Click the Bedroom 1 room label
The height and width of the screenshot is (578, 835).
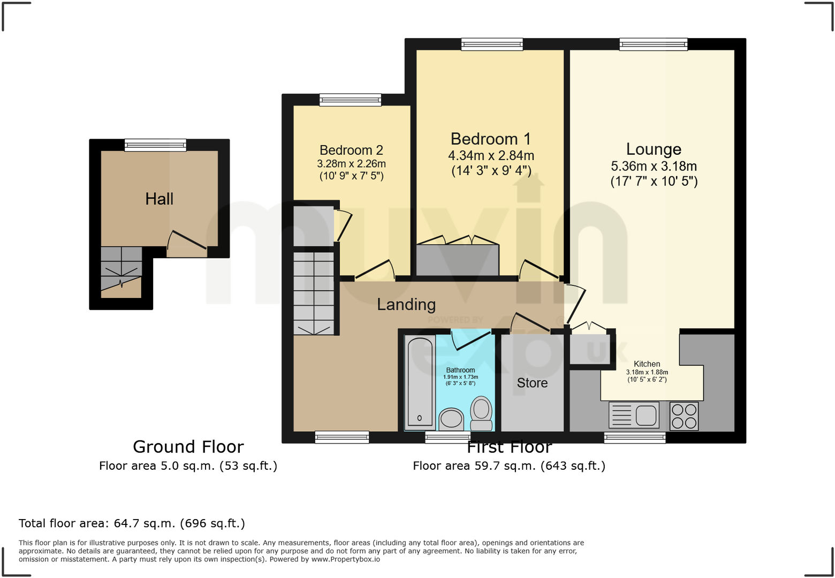(490, 139)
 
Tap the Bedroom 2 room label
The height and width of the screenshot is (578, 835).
(351, 151)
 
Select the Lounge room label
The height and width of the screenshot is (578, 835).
(654, 149)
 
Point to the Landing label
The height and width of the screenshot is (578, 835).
(406, 305)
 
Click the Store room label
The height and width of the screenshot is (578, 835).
(532, 383)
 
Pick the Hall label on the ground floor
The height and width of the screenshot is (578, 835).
(160, 199)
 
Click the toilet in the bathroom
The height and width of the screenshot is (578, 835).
(481, 413)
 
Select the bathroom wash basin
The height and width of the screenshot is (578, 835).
(451, 419)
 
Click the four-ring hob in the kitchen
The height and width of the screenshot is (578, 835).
(684, 416)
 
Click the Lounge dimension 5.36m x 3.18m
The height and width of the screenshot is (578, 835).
(654, 167)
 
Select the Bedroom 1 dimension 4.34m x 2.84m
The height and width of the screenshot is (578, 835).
(491, 156)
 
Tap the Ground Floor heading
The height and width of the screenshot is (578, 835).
(188, 447)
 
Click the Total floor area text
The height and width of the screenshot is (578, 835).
(132, 523)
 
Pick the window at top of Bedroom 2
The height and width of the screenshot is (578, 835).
(351, 100)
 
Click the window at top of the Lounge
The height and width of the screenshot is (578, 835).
(653, 44)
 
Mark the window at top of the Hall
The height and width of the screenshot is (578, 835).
(155, 145)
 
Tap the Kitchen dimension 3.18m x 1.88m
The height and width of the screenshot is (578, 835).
(647, 372)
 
